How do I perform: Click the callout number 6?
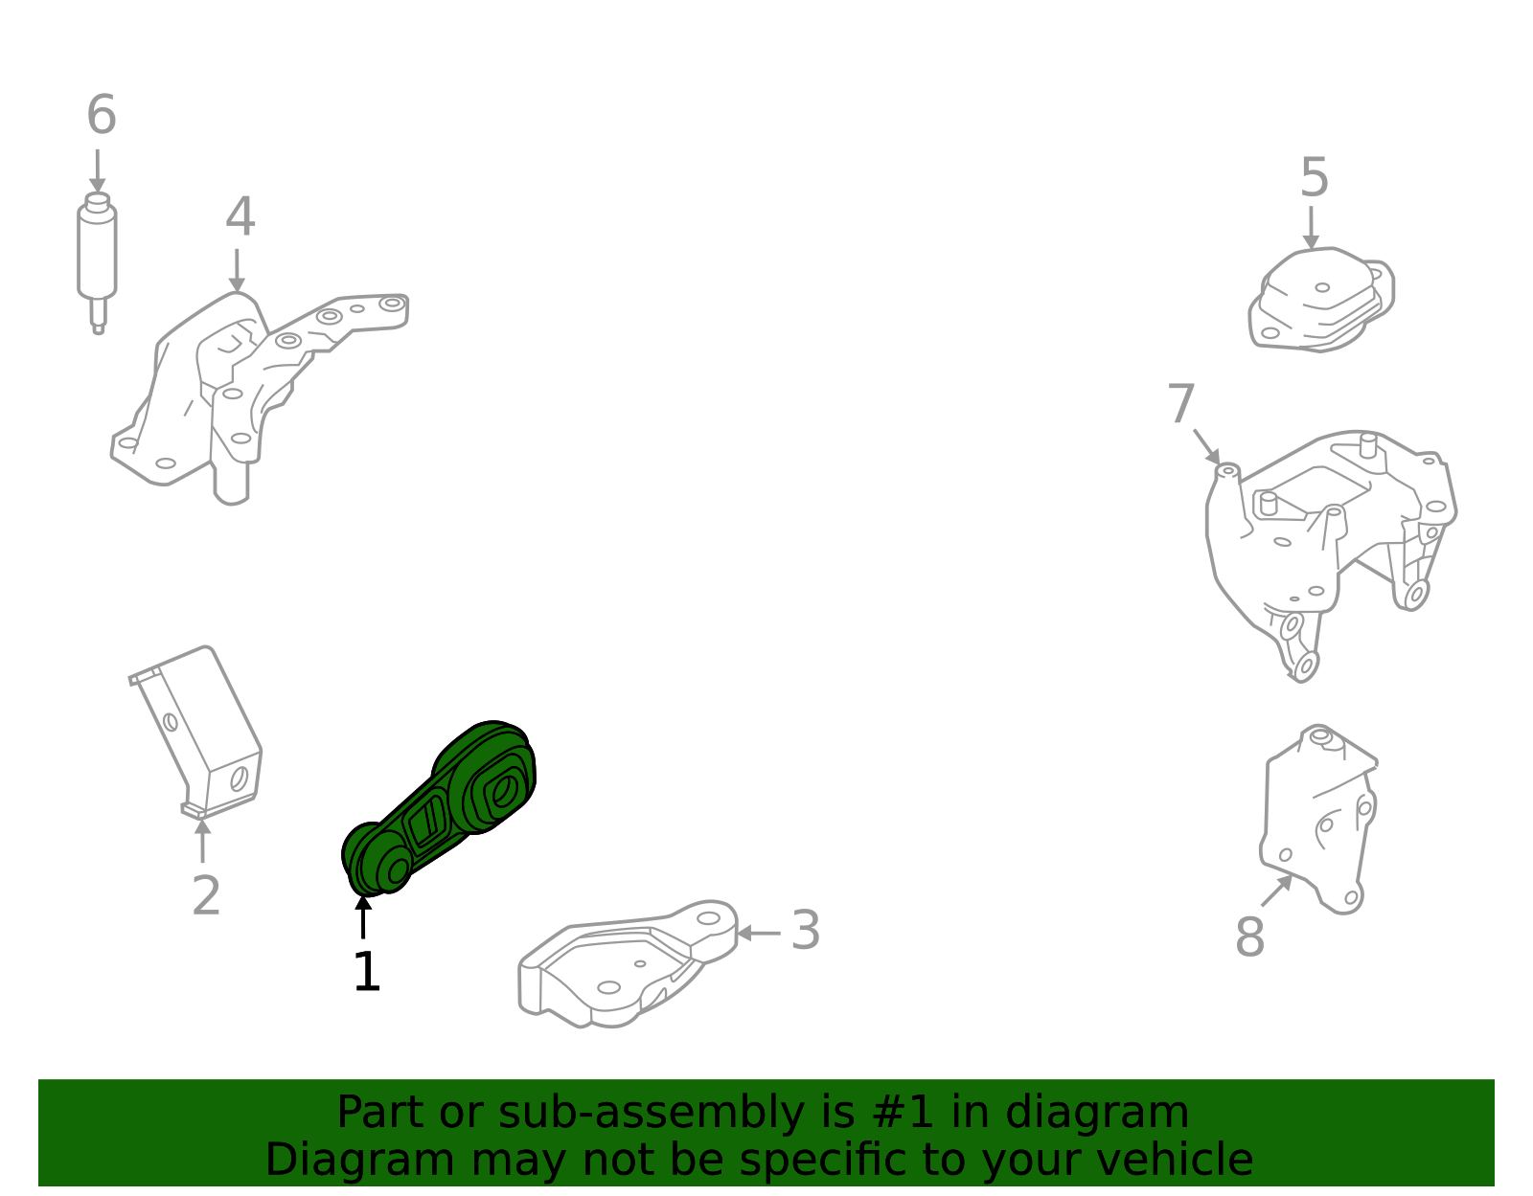tap(102, 116)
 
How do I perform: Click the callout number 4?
tap(240, 218)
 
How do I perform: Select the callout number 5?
tap(1315, 179)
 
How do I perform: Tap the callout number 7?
tap(1181, 405)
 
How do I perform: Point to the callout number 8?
tap(1249, 937)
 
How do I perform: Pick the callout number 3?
tap(806, 931)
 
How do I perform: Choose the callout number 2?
tap(206, 897)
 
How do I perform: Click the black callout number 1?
tap(367, 973)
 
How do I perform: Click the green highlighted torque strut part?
tap(441, 809)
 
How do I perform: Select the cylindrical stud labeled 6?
tap(97, 254)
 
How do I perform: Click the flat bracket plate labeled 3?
tap(623, 967)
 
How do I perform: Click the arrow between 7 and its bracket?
tap(1206, 446)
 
